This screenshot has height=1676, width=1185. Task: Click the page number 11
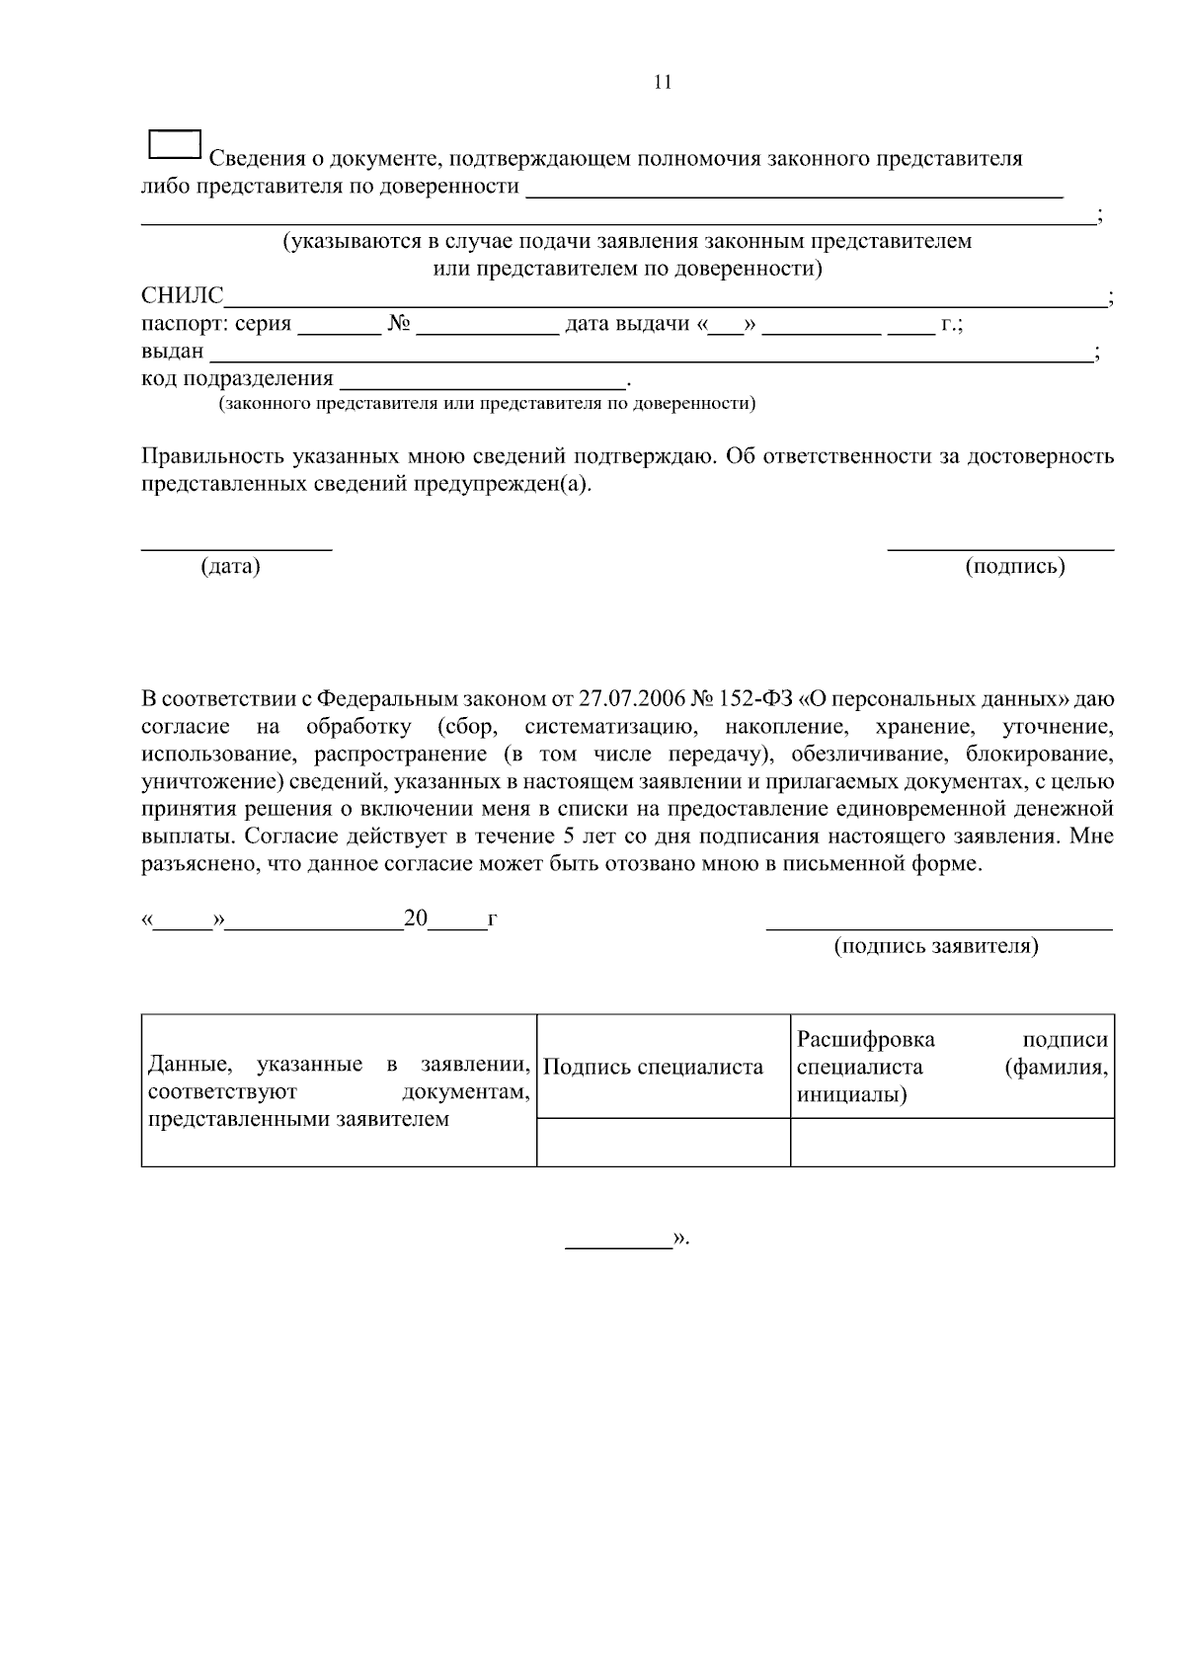tap(663, 83)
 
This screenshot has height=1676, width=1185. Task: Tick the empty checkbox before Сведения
tap(175, 144)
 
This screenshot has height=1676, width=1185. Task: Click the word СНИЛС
tap(183, 296)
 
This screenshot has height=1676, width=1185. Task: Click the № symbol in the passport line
tap(399, 324)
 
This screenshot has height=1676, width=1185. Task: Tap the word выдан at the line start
tap(173, 352)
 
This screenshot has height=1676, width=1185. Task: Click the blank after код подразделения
tap(482, 381)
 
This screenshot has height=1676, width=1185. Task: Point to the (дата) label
tap(230, 567)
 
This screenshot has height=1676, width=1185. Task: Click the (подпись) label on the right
tap(1015, 567)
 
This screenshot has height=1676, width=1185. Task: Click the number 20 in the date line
tap(416, 919)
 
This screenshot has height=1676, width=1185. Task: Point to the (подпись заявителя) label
tap(936, 947)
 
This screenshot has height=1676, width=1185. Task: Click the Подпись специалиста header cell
tap(654, 1068)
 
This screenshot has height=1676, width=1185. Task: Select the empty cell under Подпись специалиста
tap(663, 1143)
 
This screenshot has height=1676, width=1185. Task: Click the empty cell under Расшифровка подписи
tap(952, 1143)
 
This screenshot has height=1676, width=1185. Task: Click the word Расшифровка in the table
tap(866, 1041)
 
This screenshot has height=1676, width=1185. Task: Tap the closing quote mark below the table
tap(679, 1238)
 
